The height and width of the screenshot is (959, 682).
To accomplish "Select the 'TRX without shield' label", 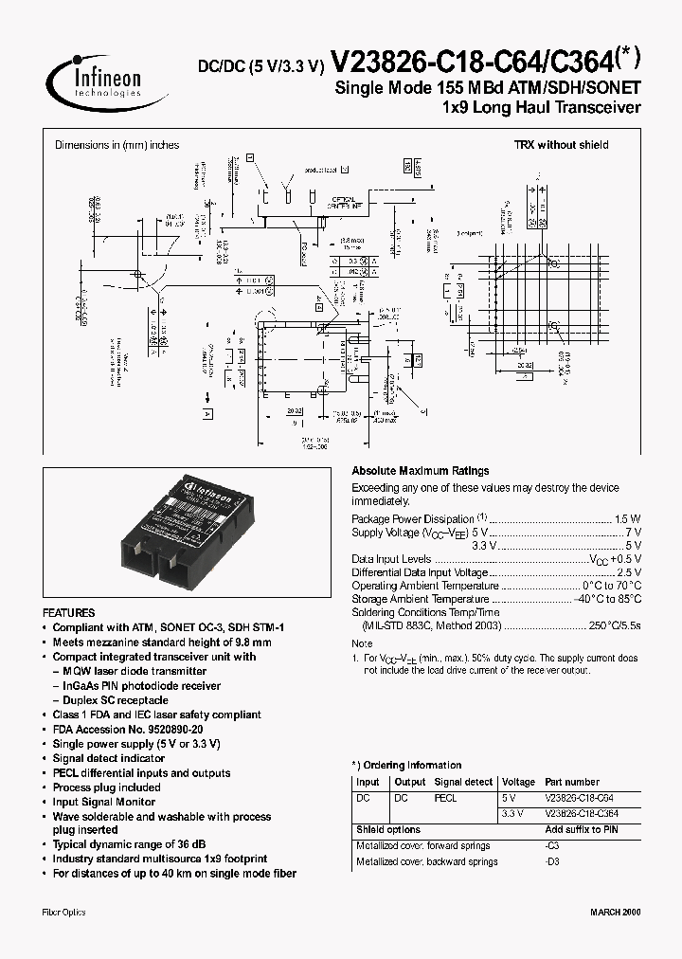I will pyautogui.click(x=561, y=145).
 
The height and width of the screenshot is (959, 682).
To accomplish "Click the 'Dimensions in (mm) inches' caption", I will pyautogui.click(x=117, y=145).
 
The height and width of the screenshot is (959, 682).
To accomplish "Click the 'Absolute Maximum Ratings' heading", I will pyautogui.click(x=420, y=471).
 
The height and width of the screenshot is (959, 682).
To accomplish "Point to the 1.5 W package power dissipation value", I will pyautogui.click(x=628, y=519).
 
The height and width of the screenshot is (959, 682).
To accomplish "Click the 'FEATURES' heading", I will pyautogui.click(x=68, y=613).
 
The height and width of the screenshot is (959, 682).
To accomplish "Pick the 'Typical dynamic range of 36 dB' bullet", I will pyautogui.click(x=129, y=844).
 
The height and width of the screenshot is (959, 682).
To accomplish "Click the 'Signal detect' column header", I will pyautogui.click(x=463, y=783).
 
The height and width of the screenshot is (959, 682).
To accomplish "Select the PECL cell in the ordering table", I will pyautogui.click(x=445, y=798).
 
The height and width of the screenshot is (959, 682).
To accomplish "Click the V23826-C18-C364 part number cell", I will pyautogui.click(x=582, y=814).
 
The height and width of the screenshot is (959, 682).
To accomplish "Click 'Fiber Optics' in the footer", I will pyautogui.click(x=63, y=912).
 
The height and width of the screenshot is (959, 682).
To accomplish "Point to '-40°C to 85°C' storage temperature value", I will pyautogui.click(x=607, y=599).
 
